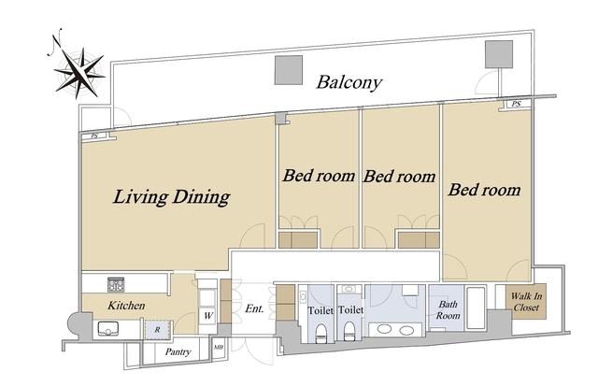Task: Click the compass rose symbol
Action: [79, 73]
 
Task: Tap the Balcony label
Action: [349, 82]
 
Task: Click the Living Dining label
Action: [171, 197]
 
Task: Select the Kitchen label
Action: [126, 306]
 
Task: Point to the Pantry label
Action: [178, 351]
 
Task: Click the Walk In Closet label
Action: [526, 301]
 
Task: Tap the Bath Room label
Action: [448, 309]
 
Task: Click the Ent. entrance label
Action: [254, 308]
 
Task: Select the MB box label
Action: [219, 348]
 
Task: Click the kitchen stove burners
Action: [116, 284]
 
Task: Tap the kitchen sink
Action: [108, 328]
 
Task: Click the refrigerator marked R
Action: [158, 329]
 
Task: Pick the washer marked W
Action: [207, 316]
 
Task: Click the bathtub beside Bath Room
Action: [476, 308]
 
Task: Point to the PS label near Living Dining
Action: [94, 136]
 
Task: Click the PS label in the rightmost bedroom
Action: [517, 104]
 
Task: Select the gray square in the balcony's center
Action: [289, 70]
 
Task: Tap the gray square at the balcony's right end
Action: [499, 54]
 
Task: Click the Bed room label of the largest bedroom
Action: [484, 190]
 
